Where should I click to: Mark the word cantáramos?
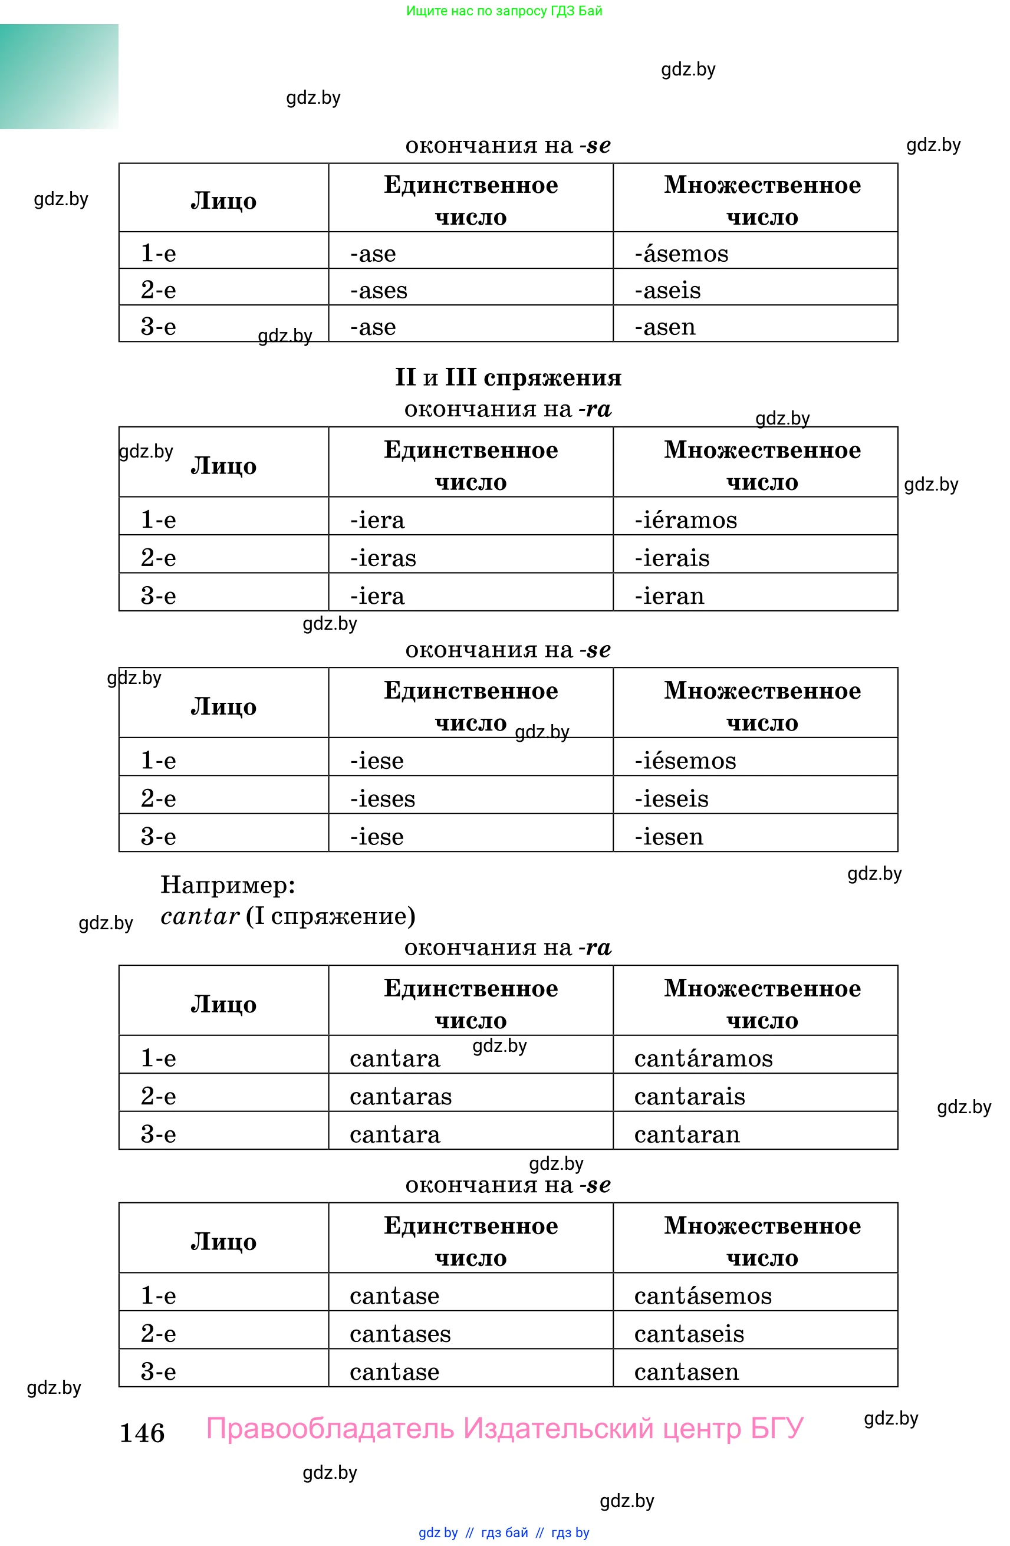[703, 1058]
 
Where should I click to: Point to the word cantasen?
[686, 1371]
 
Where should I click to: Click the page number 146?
[142, 1432]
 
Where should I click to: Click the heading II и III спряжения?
[508, 377]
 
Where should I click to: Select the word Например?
[228, 884]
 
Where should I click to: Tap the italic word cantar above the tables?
[200, 916]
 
